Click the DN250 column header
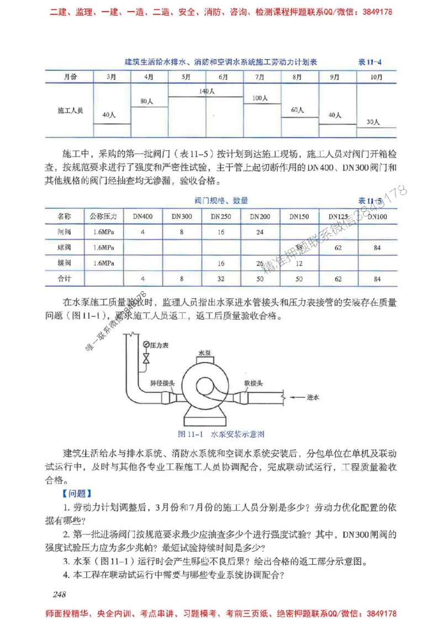click(220, 217)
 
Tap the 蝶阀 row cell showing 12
click(299, 263)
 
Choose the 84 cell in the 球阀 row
click(377, 248)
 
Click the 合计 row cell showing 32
click(220, 279)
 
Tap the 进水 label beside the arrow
click(314, 396)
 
